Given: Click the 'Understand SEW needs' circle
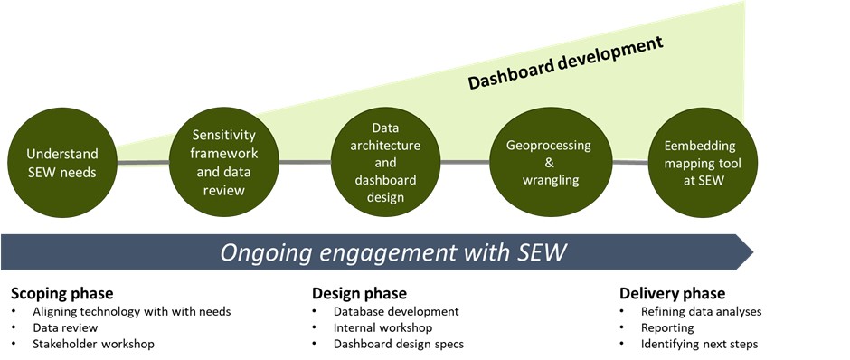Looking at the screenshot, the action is [62, 163].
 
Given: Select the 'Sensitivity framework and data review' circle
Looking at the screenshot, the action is [224, 163].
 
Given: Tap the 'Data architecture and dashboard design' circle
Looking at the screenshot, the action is [385, 163].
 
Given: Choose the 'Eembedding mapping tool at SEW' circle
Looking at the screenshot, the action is [703, 163].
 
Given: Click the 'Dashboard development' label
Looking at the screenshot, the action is [565, 62].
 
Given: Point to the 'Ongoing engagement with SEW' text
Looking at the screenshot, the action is [393, 252].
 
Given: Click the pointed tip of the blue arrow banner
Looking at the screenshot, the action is [753, 252].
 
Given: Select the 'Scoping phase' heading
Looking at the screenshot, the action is [62, 294].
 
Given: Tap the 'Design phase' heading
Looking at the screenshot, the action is [359, 294].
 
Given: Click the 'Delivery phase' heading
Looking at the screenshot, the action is [672, 294].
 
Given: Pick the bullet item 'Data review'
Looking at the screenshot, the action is [65, 328].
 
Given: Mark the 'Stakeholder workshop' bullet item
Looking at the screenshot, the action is [93, 345].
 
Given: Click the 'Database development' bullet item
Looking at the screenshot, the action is [396, 312].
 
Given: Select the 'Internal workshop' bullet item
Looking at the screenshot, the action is [382, 328].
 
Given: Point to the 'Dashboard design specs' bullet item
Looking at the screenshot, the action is [399, 345].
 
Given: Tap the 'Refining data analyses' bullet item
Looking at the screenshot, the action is [702, 312].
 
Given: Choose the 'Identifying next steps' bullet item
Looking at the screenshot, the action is [699, 345].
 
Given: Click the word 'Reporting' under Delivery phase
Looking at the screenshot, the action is [667, 328].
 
